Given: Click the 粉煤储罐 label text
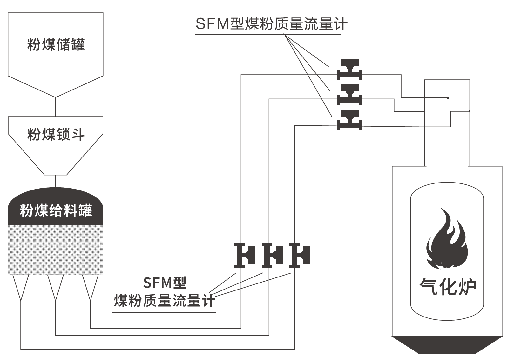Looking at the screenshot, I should pyautogui.click(x=56, y=44).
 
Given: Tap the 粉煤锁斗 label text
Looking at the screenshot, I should pyautogui.click(x=56, y=134).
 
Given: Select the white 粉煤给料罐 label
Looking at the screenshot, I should pyautogui.click(x=56, y=210).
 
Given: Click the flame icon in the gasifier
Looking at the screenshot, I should pyautogui.click(x=447, y=240).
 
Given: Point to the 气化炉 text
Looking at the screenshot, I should pyautogui.click(x=447, y=287).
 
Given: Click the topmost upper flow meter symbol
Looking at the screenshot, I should pyautogui.click(x=349, y=69).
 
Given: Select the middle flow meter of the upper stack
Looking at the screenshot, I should pyautogui.click(x=349, y=95).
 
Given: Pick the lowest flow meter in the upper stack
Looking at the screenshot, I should pyautogui.click(x=349, y=120).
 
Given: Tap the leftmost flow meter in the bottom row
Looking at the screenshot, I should pyautogui.click(x=245, y=255).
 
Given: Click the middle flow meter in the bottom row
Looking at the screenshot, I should pyautogui.click(x=273, y=255).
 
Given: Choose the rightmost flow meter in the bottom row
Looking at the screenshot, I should pyautogui.click(x=300, y=255).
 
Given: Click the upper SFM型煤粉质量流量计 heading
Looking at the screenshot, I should pyautogui.click(x=271, y=24).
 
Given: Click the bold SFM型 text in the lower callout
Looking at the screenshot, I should pyautogui.click(x=165, y=283).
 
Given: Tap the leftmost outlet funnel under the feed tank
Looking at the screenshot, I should pyautogui.click(x=21, y=286).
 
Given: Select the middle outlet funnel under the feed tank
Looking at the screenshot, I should pyautogui.click(x=56, y=286).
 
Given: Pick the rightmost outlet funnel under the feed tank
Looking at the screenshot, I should pyautogui.click(x=90, y=286).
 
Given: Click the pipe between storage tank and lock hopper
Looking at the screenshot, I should pyautogui.click(x=56, y=107).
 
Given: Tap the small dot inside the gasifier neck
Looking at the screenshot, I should pyautogui.click(x=448, y=97).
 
